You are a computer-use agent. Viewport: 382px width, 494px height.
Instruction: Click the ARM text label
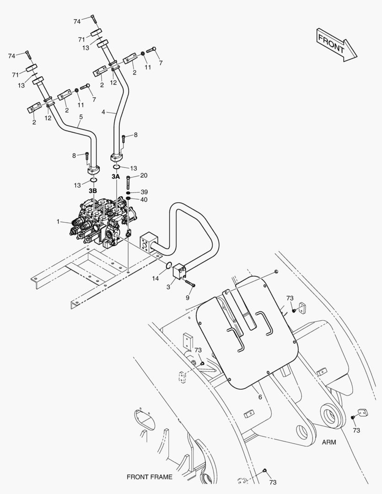pos(329,442)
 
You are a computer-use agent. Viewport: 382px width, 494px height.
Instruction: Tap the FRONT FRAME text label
pos(150,477)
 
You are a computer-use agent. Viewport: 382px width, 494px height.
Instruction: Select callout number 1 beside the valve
pos(58,221)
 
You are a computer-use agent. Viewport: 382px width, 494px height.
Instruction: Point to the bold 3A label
pos(115,176)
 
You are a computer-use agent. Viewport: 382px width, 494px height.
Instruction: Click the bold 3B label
pos(92,190)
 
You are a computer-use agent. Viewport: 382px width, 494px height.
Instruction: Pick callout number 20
pos(144,176)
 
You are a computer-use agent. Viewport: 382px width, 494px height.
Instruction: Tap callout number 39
pos(144,192)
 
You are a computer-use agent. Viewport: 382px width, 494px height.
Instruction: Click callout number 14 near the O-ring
pos(155,278)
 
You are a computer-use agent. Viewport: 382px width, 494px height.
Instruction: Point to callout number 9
pos(187,297)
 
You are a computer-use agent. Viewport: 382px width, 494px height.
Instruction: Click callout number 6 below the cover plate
pos(260,397)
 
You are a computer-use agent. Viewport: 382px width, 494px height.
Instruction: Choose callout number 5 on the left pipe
pos(81,117)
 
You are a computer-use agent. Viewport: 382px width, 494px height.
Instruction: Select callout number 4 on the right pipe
pos(103,112)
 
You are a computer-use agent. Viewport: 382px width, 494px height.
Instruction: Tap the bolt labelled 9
pos(190,284)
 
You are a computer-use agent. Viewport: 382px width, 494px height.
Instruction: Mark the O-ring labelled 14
pos(168,265)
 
